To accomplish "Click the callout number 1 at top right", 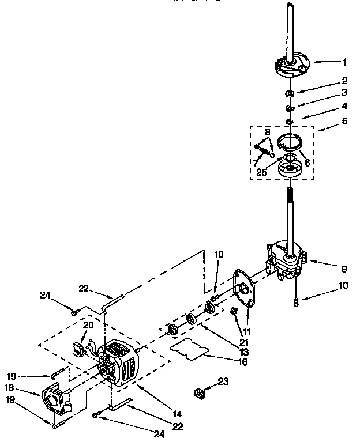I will pyautogui.click(x=345, y=61).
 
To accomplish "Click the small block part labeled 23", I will pyautogui.click(x=201, y=394).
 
